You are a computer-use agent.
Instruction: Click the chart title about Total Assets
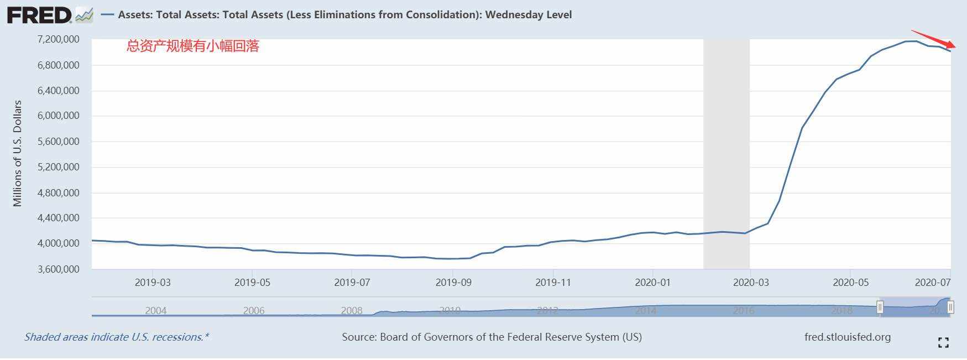[x=344, y=15]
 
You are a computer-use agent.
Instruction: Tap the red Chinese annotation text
[x=193, y=46]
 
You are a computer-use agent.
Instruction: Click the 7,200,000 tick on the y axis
[x=58, y=39]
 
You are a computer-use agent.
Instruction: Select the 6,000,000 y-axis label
[x=58, y=116]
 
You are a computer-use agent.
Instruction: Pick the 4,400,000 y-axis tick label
[x=58, y=218]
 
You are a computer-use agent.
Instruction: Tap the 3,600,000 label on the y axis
[x=58, y=269]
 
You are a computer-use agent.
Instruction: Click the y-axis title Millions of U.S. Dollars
[x=18, y=153]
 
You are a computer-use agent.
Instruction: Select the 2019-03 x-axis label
[x=153, y=283]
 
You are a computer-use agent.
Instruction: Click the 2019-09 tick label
[x=453, y=283]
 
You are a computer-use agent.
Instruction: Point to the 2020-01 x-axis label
[x=652, y=283]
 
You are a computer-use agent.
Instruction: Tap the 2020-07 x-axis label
[x=933, y=283]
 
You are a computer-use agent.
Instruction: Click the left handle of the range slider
[x=880, y=307]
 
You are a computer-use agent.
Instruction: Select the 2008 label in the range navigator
[x=352, y=311]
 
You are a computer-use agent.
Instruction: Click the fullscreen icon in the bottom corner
[x=943, y=343]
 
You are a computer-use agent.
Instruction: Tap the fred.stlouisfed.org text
[x=848, y=337]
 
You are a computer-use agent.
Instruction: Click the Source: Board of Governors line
[x=492, y=337]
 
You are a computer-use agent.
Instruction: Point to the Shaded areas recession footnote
[x=117, y=337]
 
